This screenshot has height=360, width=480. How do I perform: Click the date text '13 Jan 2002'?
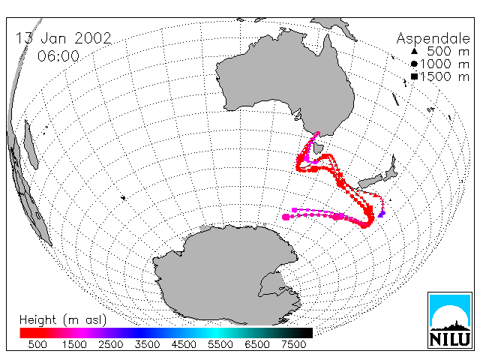click(63, 38)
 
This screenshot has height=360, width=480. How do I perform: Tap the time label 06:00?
click(58, 56)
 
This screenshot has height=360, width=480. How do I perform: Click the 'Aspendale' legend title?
click(433, 39)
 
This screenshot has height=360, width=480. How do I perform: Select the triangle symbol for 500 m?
click(414, 51)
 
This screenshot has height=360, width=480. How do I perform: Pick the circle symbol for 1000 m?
click(414, 64)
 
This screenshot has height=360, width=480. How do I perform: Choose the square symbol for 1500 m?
click(415, 76)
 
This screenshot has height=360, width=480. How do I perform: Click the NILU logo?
click(450, 320)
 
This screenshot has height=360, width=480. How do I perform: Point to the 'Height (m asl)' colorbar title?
click(63, 320)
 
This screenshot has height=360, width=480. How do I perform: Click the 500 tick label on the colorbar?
click(37, 344)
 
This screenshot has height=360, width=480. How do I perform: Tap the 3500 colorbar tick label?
click(147, 344)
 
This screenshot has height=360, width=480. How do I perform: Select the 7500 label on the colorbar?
click(293, 344)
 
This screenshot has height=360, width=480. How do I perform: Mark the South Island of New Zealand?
click(370, 181)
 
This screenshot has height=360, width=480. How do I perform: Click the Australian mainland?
click(285, 79)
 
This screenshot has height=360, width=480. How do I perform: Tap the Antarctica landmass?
click(226, 275)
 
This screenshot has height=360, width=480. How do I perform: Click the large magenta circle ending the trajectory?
click(286, 217)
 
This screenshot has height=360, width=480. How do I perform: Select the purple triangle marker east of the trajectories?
click(382, 214)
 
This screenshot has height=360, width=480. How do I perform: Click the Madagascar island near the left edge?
click(31, 145)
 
